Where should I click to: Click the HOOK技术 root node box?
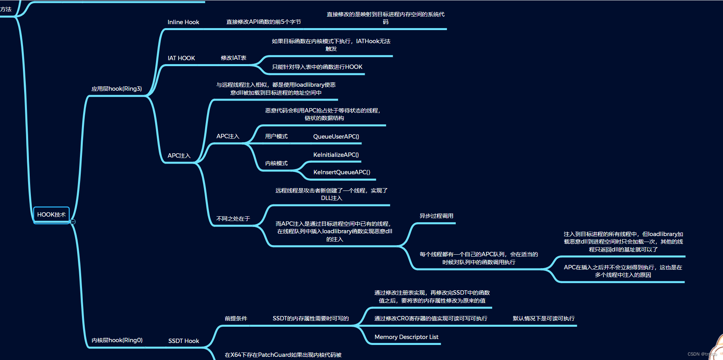[51, 215]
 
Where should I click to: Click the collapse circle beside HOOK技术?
[73, 222]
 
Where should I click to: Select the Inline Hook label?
[183, 22]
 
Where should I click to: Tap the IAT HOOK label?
[181, 58]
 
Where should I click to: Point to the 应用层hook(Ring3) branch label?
[116, 89]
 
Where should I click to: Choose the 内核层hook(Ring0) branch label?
[117, 340]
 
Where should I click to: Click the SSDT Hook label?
[184, 341]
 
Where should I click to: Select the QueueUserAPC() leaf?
[336, 137]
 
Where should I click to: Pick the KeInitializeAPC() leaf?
[336, 155]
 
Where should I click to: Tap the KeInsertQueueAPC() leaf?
[342, 172]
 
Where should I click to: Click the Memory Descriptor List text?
[406, 337]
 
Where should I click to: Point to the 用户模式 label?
[276, 137]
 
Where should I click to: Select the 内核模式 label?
[276, 163]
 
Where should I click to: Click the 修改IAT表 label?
[234, 58]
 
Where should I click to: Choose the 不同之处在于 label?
[233, 219]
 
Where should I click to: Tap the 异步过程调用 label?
[436, 216]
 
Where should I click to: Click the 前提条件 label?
[236, 318]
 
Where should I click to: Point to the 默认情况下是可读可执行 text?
[544, 318]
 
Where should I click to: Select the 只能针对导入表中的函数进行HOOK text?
[317, 67]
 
